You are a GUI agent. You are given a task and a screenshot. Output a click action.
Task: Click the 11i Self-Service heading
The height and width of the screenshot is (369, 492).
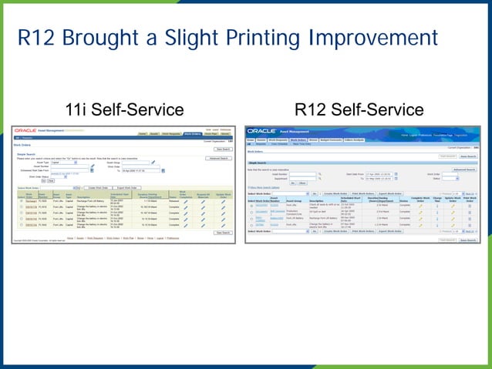click(124, 109)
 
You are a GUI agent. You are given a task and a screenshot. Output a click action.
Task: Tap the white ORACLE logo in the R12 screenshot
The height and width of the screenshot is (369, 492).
click(262, 132)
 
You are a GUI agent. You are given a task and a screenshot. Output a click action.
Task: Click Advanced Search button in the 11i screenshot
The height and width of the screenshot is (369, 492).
click(219, 158)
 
